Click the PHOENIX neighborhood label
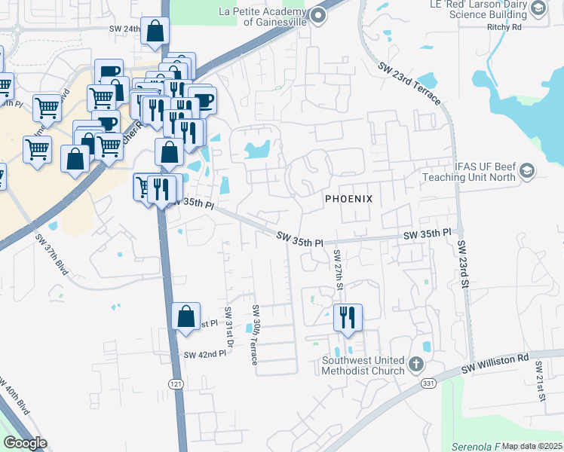click(x=348, y=199)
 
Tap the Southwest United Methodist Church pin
click(x=415, y=366)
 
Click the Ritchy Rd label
click(x=526, y=27)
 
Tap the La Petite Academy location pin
click(x=318, y=16)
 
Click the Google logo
click(x=25, y=443)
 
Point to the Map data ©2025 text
click(x=532, y=446)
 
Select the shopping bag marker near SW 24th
click(x=155, y=32)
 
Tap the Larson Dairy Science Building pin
click(x=538, y=8)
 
